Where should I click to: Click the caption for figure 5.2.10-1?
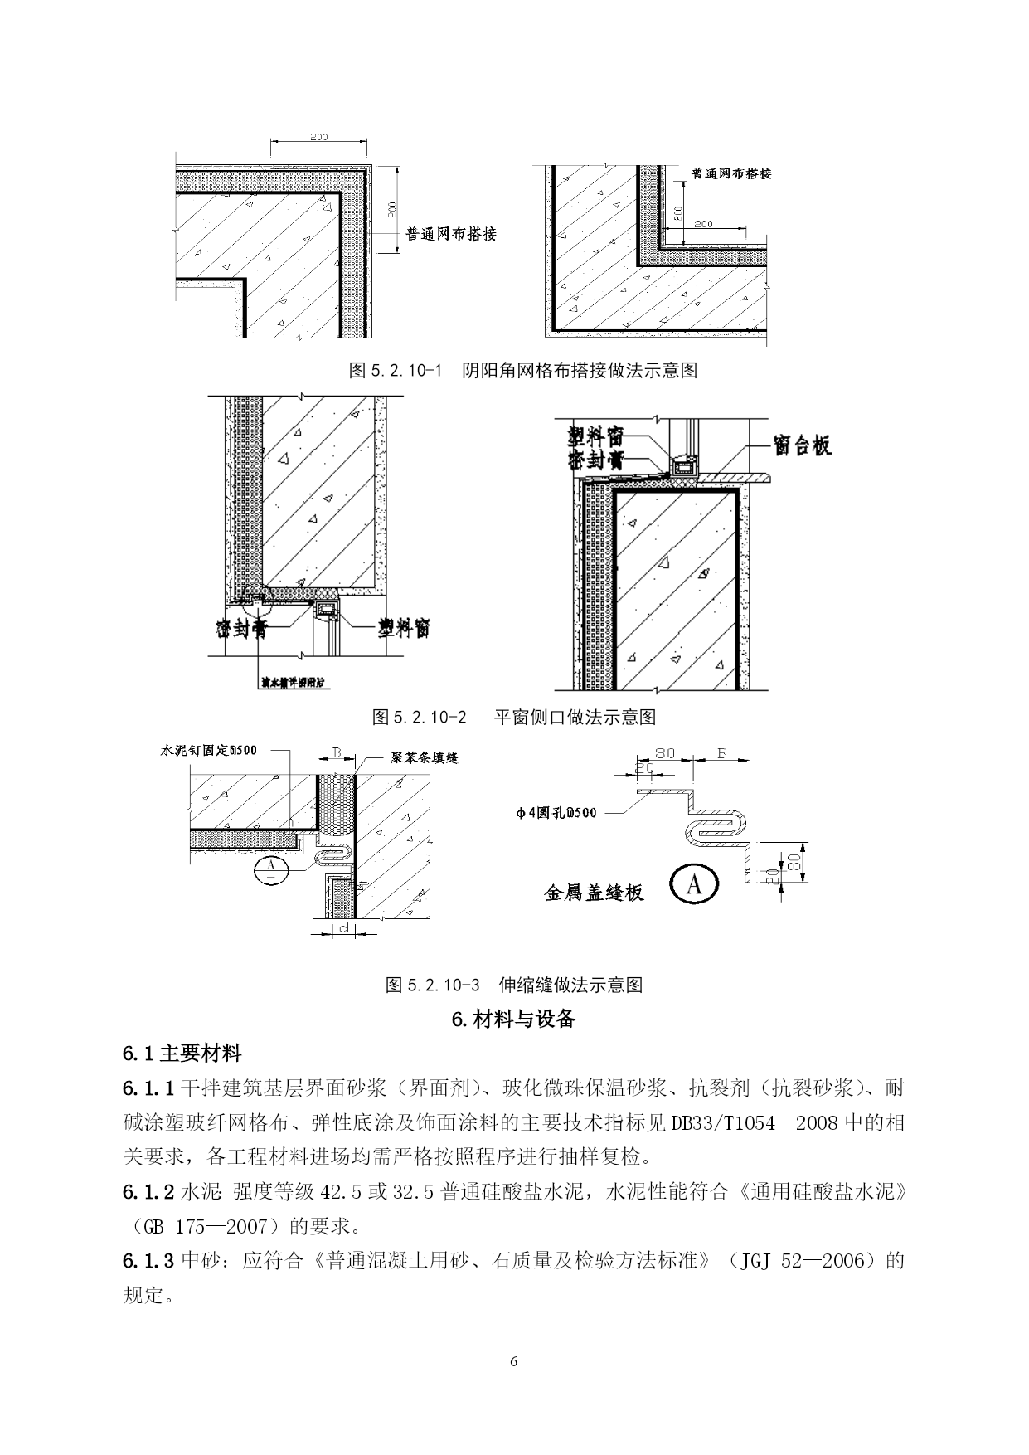coord(523,370)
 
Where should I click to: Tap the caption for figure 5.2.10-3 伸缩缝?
coord(514,985)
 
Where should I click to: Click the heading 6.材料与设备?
coord(514,1019)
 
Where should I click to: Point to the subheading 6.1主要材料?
coord(182,1054)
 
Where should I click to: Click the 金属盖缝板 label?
coord(594,892)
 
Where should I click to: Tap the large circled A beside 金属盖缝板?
coord(694,886)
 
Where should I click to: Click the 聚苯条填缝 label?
coord(425,757)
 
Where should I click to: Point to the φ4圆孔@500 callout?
coord(556,812)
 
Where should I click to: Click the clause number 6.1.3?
coord(148,1261)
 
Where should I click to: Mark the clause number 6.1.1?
coord(148,1088)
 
